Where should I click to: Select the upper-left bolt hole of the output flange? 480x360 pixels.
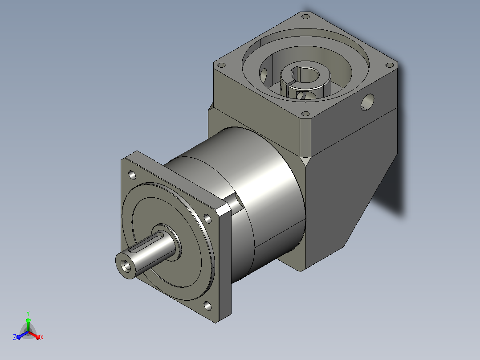click(132, 175)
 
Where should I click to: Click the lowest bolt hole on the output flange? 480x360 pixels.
click(207, 306)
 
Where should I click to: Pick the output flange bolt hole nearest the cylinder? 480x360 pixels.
click(207, 218)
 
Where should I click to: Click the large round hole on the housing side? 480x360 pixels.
click(367, 102)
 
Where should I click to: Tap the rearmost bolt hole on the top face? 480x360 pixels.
click(305, 16)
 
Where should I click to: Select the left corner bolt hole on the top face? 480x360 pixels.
click(221, 65)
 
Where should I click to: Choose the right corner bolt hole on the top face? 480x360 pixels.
click(389, 65)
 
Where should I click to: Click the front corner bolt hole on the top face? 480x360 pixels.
click(305, 114)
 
